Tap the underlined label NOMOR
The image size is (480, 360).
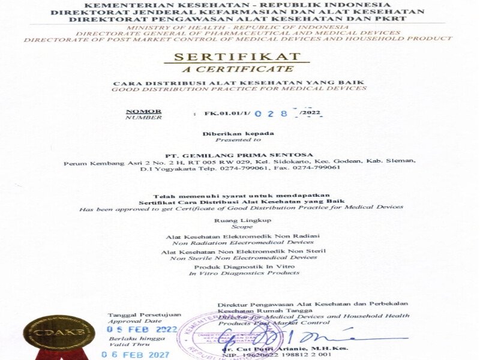click(143, 111)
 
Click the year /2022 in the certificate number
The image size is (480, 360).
click(311, 113)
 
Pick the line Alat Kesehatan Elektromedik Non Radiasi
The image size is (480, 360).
click(243, 236)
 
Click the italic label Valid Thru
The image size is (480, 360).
click(125, 345)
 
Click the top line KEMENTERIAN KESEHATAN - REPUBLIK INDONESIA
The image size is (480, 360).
click(239, 4)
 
